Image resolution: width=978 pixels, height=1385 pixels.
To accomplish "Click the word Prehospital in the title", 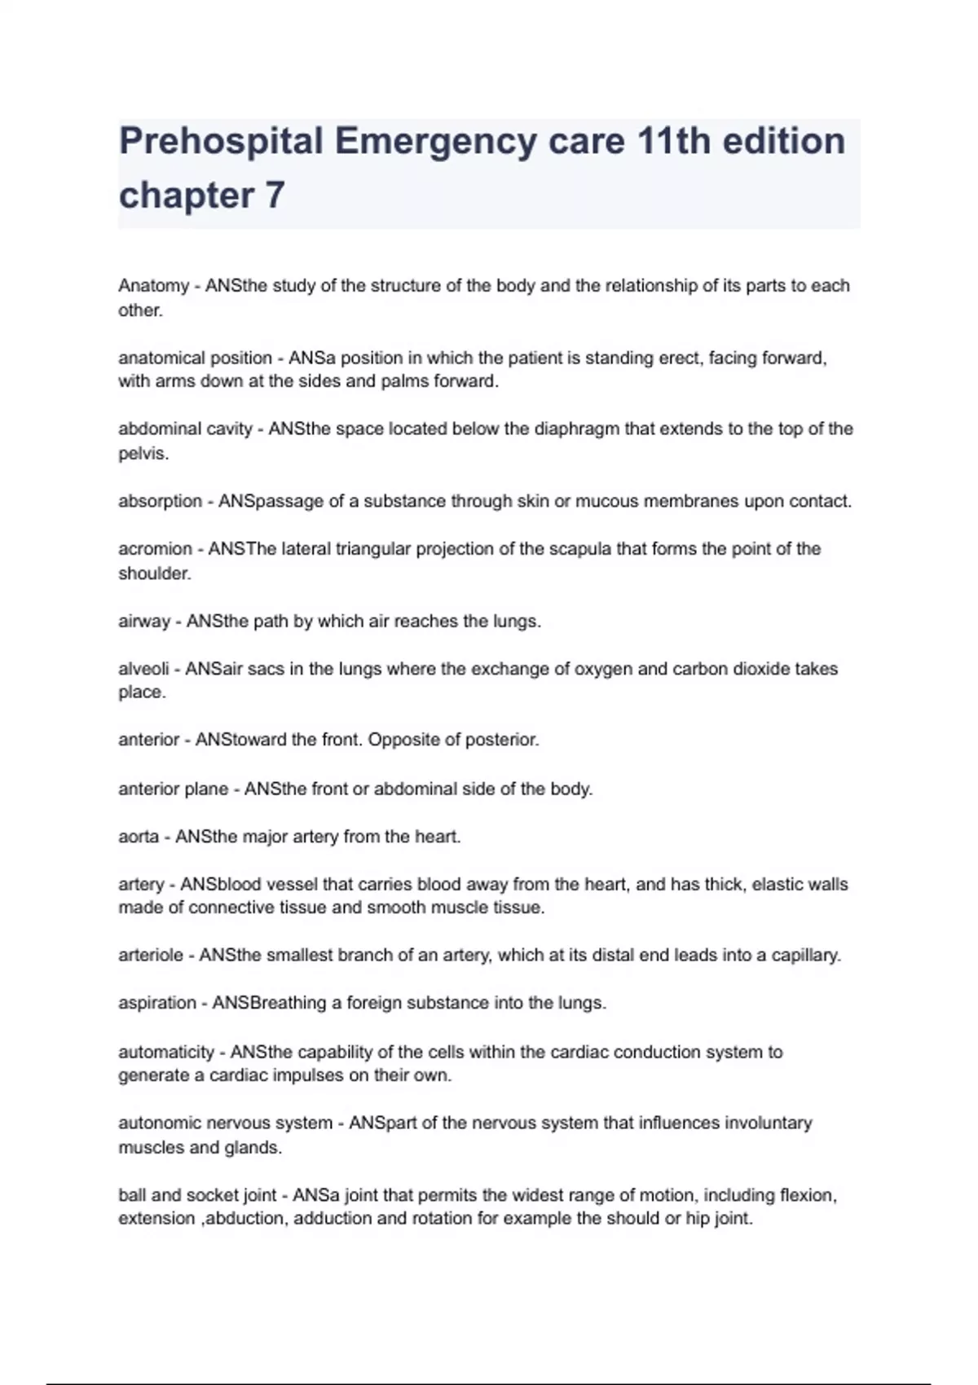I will [x=221, y=142].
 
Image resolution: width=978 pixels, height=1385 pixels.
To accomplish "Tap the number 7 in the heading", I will [x=275, y=196].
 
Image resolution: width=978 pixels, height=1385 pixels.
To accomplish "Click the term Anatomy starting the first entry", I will [x=153, y=286].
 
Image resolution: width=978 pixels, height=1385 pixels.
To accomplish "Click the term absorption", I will [x=160, y=501].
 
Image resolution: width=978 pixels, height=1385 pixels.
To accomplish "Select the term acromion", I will [x=155, y=549].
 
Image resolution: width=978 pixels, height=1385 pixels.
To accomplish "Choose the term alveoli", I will [x=143, y=669].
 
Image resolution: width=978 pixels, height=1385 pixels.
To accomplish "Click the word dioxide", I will [x=762, y=669].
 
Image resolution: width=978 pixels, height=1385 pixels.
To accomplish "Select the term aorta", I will [x=139, y=837].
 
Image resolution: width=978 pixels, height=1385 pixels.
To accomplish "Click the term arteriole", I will [x=151, y=955].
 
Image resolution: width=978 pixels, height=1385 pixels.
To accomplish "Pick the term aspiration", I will [x=157, y=1003].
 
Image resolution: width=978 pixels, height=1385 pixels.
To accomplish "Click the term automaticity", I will [x=166, y=1052].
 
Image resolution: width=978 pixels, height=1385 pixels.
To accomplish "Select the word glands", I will [x=253, y=1147].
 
